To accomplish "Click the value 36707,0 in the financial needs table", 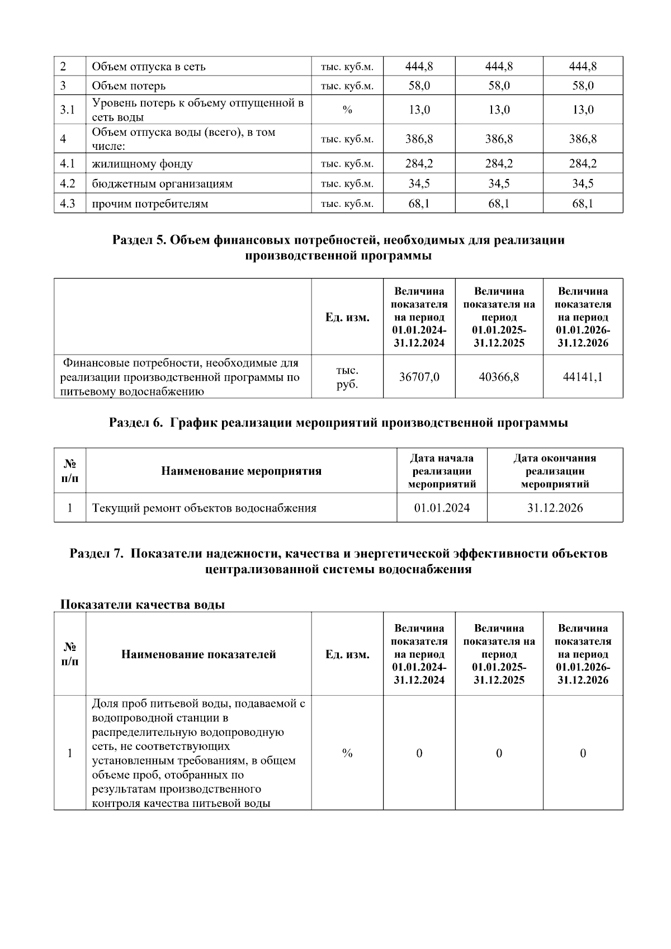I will pyautogui.click(x=419, y=377).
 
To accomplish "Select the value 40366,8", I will pyautogui.click(x=499, y=377).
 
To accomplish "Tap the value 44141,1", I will pyautogui.click(x=583, y=377).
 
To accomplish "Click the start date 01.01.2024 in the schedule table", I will pyautogui.click(x=442, y=508).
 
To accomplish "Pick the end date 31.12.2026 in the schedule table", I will pyautogui.click(x=555, y=508).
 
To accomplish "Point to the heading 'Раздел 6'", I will pyautogui.click(x=338, y=423).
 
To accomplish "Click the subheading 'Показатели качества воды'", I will pyautogui.click(x=142, y=605).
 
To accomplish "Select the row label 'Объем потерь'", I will pyautogui.click(x=129, y=86).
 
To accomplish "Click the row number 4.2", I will pyautogui.click(x=68, y=183).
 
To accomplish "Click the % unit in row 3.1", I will pyautogui.click(x=347, y=110).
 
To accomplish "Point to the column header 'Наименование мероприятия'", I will pyautogui.click(x=241, y=471).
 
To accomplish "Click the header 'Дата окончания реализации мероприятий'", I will pyautogui.click(x=555, y=471).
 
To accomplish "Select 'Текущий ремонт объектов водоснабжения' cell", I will pyautogui.click(x=204, y=508).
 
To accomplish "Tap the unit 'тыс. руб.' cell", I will pyautogui.click(x=347, y=377).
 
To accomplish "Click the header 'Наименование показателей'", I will pyautogui.click(x=199, y=654).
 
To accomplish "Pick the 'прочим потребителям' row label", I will pyautogui.click(x=150, y=204).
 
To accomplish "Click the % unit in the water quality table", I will pyautogui.click(x=347, y=753).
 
